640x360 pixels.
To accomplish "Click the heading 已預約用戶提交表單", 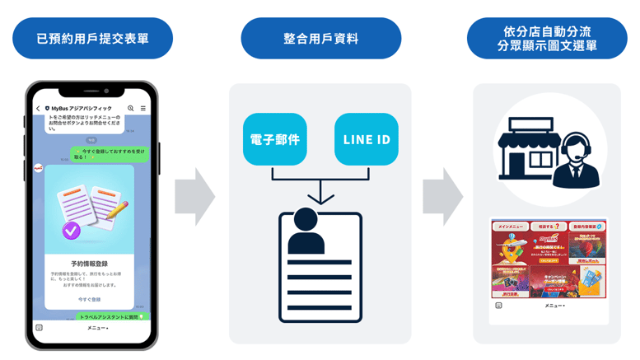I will point(92,39).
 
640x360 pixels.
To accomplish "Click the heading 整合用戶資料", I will point(320,39).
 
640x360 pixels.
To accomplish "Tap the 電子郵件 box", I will point(274,139).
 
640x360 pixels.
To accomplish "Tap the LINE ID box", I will point(367,139).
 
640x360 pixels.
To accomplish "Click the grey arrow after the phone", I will point(194,197).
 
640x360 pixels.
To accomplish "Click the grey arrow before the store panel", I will point(442,197).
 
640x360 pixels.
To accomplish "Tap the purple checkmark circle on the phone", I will point(72,231).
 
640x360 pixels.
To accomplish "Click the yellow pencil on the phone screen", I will point(118,208).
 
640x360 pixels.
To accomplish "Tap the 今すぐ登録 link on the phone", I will point(90,299).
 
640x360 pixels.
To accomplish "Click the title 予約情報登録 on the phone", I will point(90,264).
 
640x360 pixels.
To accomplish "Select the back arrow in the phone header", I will point(38,109).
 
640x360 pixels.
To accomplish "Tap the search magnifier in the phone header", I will point(130,109).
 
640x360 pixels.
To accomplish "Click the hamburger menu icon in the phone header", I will point(142,109).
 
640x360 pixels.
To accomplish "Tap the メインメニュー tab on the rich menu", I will point(510,226).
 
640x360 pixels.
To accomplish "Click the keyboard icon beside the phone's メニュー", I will point(39,327).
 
